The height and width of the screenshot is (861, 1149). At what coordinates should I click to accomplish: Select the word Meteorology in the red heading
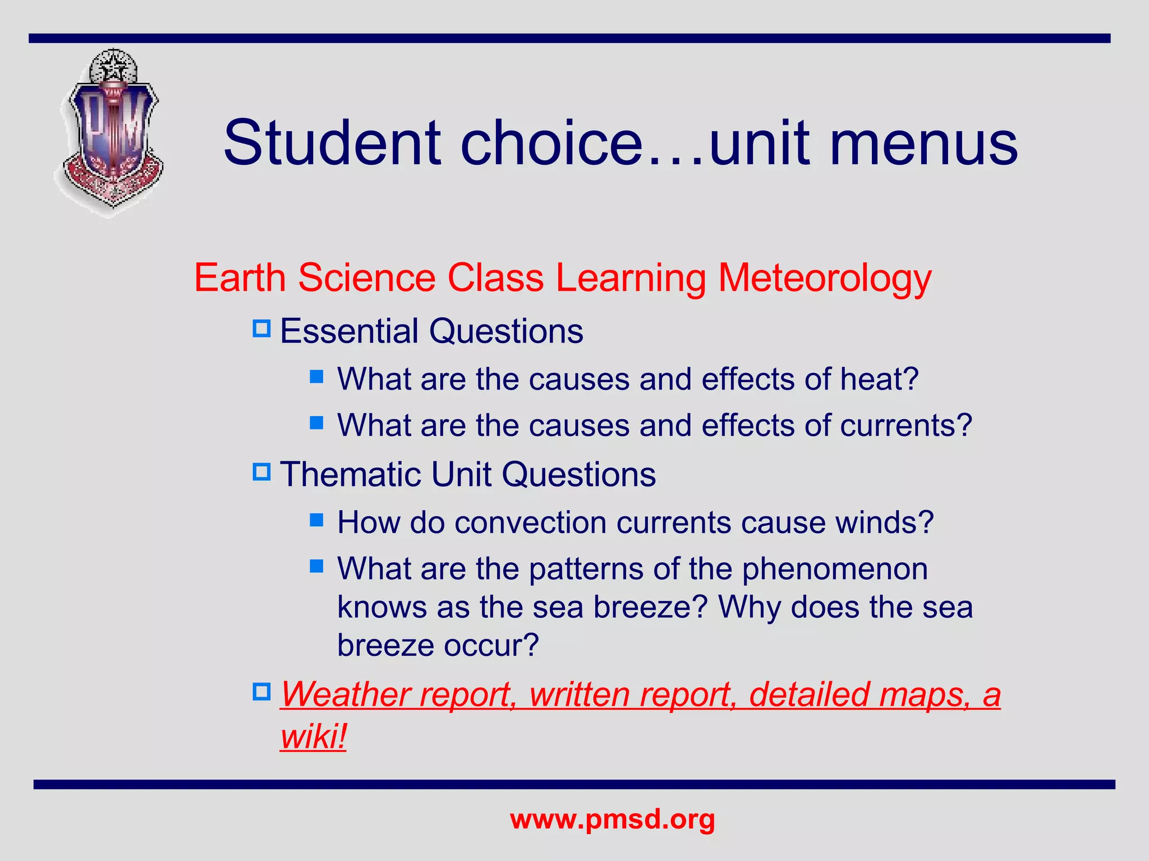pos(825,279)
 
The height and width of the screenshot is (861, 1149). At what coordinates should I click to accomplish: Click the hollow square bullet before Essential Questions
pos(261,328)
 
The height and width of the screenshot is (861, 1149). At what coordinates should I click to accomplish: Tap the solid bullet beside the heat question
pos(317,376)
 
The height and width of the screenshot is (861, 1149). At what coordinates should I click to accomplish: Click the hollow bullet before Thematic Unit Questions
pos(261,472)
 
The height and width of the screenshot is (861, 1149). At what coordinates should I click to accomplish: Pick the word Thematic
pos(350,475)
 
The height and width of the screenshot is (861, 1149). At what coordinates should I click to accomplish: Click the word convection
pos(530,523)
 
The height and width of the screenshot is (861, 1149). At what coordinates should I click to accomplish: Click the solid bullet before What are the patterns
pos(317,566)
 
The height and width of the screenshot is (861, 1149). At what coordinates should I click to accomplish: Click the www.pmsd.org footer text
pos(612,820)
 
